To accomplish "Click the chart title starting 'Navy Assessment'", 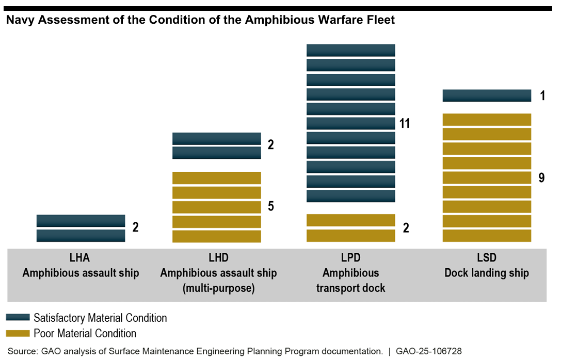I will point(200,20).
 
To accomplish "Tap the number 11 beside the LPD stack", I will point(405,124).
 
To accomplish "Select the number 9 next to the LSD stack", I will point(541,178).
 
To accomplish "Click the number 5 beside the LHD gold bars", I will point(271,206).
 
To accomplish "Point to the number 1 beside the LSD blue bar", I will point(542,96).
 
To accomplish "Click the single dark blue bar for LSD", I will point(487,95).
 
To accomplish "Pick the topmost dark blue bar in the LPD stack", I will point(350,50).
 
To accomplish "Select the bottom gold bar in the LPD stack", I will point(350,236).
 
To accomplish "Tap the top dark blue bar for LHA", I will point(81,221).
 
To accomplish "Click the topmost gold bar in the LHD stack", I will point(216,178).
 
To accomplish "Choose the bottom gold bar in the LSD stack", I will point(487,236).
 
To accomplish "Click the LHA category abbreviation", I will point(81,257).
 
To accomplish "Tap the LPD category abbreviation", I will point(350,257).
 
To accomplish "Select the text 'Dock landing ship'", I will point(486,273).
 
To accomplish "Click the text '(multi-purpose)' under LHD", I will point(218,288).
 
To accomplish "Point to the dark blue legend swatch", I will point(19,317).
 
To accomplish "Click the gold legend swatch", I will point(19,333).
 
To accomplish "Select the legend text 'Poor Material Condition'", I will point(85,333).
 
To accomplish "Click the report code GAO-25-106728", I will point(428,351).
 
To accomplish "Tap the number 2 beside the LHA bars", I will point(136,227).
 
